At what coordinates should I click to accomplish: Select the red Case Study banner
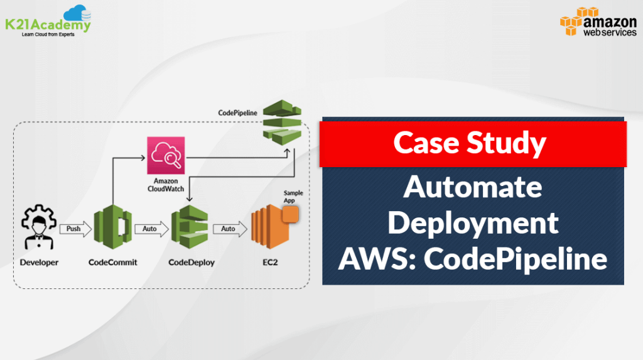(x=473, y=144)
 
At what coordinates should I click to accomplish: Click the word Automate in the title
(x=473, y=188)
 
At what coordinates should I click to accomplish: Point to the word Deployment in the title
(x=473, y=223)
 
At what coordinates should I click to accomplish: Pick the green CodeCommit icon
(x=112, y=228)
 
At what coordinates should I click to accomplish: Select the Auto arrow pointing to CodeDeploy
(x=151, y=229)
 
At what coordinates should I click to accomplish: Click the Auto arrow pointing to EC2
(x=229, y=229)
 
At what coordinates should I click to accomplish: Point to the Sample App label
(x=293, y=196)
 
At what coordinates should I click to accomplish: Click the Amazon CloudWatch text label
(x=165, y=185)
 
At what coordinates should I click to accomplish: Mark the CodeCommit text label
(x=112, y=262)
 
